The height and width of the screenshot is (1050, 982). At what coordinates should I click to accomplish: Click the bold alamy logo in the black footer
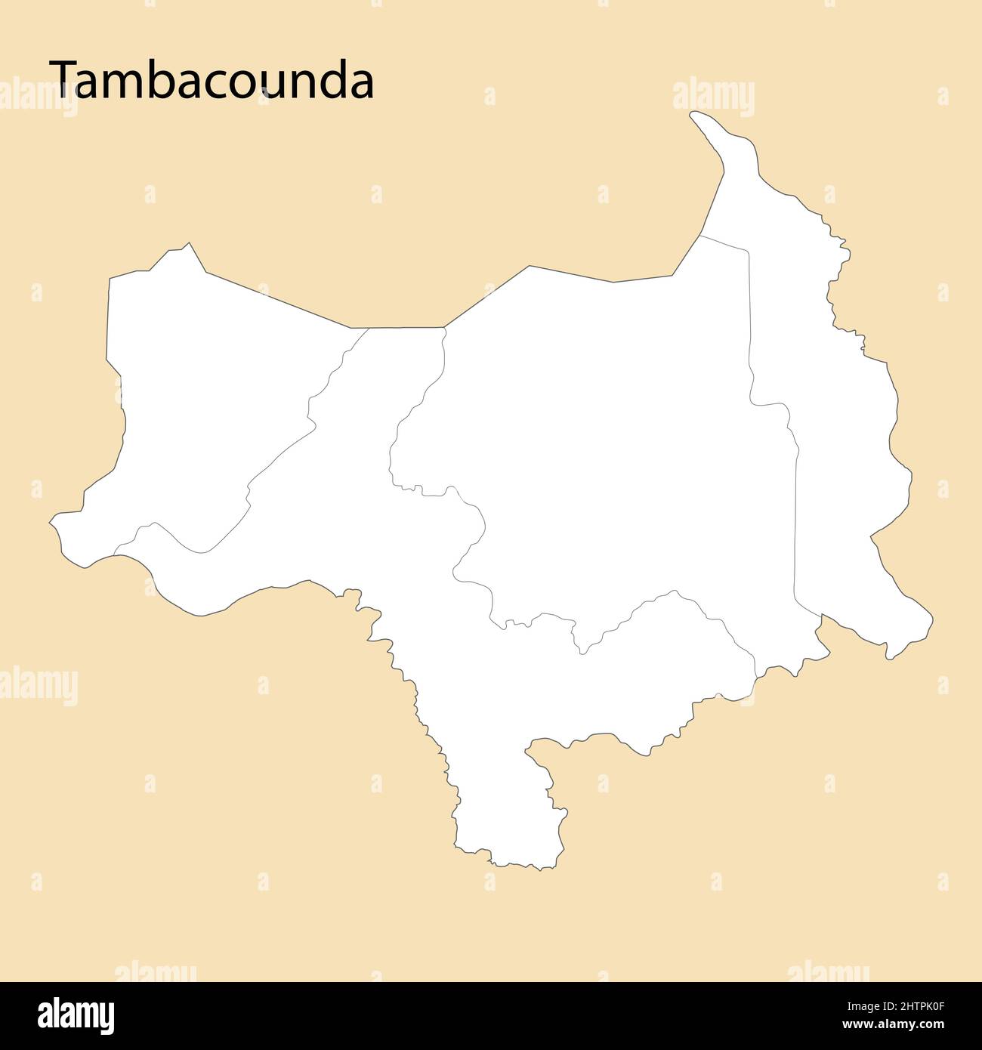[76, 1016]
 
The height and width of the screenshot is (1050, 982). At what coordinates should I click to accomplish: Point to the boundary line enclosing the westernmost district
[279, 453]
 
